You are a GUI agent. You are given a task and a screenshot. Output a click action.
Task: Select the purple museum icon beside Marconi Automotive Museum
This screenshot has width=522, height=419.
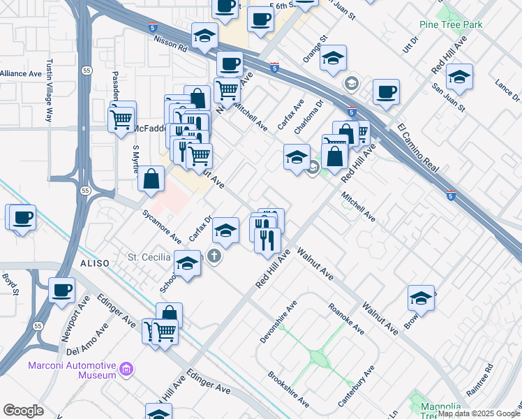(x=126, y=368)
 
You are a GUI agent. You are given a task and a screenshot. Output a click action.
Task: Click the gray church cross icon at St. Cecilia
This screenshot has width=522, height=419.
(x=214, y=257)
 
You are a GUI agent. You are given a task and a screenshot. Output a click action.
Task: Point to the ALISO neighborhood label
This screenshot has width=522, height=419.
(x=96, y=263)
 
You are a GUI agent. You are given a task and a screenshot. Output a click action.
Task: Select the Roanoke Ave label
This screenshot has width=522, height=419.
(x=346, y=318)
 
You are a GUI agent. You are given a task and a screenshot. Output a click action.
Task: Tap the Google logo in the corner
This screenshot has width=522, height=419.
(x=23, y=411)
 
